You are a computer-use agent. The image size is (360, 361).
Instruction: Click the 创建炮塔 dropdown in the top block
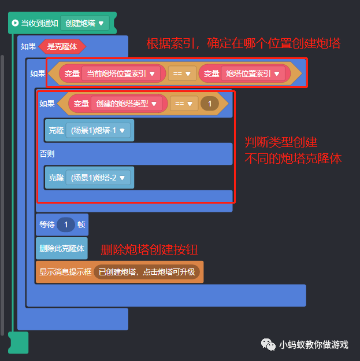pyautogui.click(x=84, y=23)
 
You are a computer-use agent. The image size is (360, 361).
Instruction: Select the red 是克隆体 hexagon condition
pyautogui.click(x=62, y=46)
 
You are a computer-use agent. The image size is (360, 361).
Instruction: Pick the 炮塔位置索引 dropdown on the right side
pyautogui.click(x=254, y=73)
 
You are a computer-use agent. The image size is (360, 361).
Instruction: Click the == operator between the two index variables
pyautogui.click(x=181, y=73)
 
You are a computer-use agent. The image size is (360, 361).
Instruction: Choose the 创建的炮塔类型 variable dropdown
pyautogui.click(x=126, y=104)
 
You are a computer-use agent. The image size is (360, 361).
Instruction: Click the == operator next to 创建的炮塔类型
pyautogui.click(x=184, y=104)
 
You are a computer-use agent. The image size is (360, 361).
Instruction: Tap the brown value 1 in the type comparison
pyautogui.click(x=209, y=104)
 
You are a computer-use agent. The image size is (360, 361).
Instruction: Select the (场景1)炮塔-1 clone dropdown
pyautogui.click(x=98, y=131)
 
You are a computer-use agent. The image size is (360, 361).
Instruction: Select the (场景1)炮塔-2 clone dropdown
pyautogui.click(x=98, y=178)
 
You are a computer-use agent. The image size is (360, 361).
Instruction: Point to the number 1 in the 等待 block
pyautogui.click(x=66, y=224)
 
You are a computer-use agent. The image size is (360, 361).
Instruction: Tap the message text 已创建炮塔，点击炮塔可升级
pyautogui.click(x=147, y=272)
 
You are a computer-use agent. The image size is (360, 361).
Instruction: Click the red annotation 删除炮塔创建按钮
pyautogui.click(x=149, y=250)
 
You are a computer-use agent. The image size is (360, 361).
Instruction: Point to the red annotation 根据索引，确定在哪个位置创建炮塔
pyautogui.click(x=243, y=43)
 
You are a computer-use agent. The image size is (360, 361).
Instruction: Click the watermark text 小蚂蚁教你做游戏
pyautogui.click(x=314, y=344)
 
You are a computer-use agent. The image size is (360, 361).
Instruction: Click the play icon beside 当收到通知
pyautogui.click(x=14, y=23)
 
